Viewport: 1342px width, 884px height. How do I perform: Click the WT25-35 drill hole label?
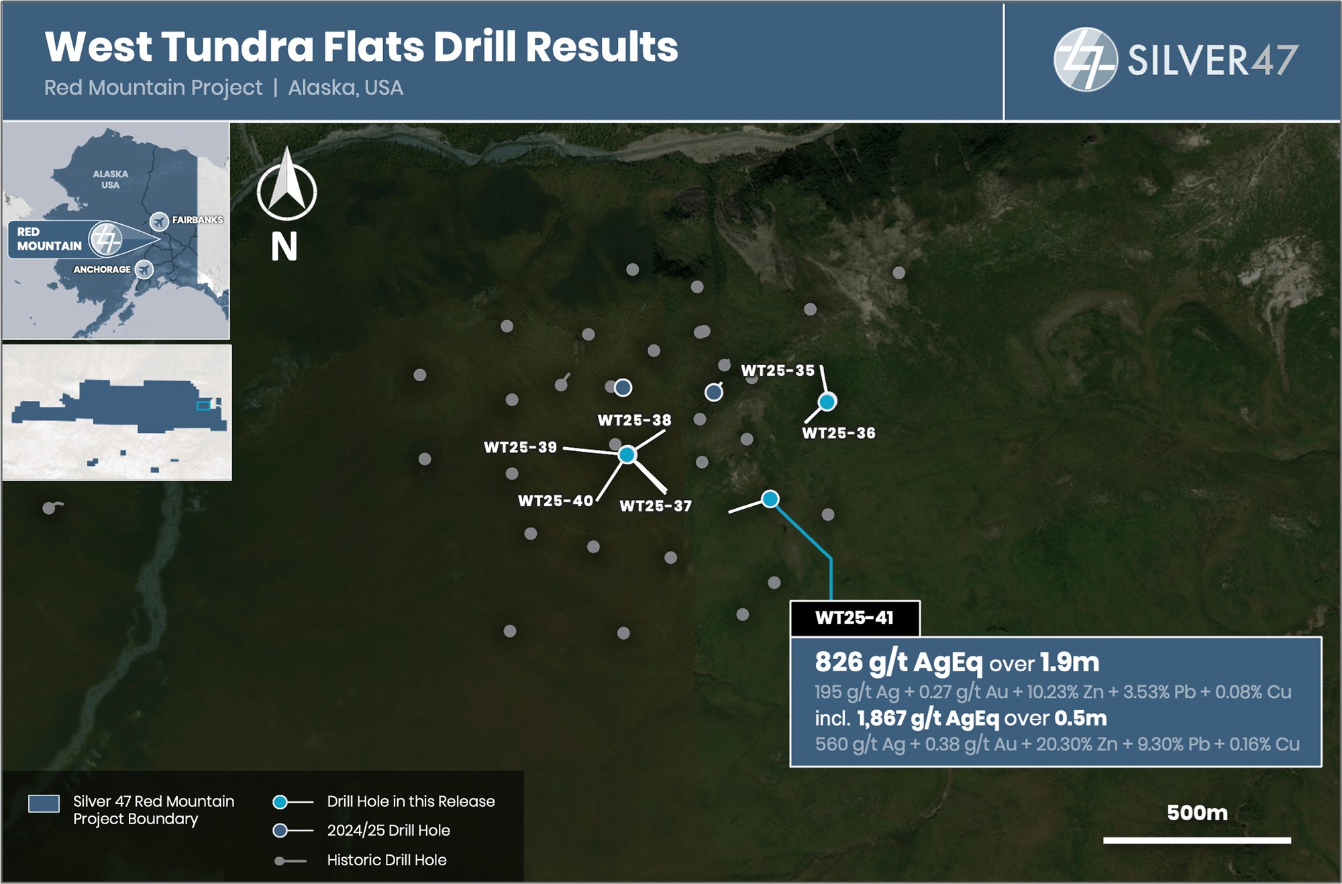coord(778,371)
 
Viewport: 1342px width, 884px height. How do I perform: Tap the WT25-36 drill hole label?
coord(839,434)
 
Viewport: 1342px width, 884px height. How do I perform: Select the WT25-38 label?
coord(634,420)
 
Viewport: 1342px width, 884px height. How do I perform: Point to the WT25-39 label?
coord(520,447)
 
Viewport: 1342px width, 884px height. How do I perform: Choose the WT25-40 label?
coord(556,501)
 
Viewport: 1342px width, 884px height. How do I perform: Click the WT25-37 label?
coord(656,506)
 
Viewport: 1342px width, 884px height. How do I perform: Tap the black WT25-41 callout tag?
coord(855,618)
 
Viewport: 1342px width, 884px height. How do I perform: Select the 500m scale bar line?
coord(1197,840)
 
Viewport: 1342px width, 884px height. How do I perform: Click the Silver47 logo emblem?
coord(1085,60)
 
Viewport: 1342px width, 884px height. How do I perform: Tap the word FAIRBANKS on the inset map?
coord(197,219)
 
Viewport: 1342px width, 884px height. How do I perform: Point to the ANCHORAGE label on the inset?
coord(102,269)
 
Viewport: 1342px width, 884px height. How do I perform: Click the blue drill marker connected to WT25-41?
coord(770,499)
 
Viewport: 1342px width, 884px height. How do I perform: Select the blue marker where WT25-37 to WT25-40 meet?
coord(627,455)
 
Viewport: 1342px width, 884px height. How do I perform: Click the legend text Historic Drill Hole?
coord(386,860)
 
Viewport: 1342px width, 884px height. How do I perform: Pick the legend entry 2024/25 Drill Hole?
coord(389,830)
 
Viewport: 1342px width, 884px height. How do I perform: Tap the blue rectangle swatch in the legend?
coord(44,803)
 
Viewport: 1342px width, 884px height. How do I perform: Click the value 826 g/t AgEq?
coord(898,662)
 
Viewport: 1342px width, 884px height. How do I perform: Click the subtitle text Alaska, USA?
coord(346,88)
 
